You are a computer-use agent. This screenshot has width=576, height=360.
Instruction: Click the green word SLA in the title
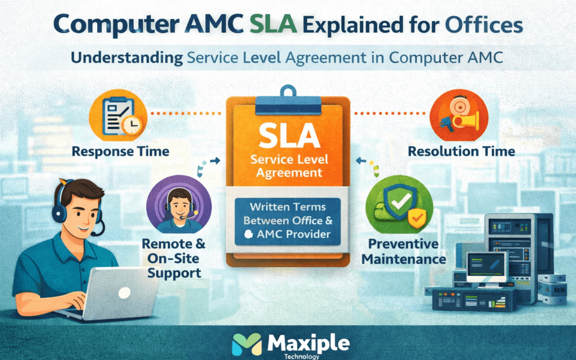[273, 25]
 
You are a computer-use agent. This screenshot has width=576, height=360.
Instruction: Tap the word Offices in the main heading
[484, 25]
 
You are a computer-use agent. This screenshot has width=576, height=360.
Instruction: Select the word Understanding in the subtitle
[127, 58]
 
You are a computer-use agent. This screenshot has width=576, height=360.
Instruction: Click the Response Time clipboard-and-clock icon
[118, 115]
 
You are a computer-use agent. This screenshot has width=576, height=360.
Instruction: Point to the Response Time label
[121, 151]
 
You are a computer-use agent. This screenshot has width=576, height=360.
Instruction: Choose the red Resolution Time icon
[459, 115]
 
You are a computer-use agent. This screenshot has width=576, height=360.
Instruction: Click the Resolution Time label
[461, 151]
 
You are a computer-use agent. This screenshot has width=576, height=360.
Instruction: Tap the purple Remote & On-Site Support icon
[179, 204]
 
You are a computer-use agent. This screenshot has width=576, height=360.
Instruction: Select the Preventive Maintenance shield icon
[399, 204]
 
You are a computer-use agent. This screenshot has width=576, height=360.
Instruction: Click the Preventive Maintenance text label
[404, 251]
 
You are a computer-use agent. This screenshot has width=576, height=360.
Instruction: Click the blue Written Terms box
[287, 221]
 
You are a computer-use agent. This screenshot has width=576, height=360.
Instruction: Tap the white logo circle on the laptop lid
[124, 292]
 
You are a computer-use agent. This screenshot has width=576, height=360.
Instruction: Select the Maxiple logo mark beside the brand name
[247, 345]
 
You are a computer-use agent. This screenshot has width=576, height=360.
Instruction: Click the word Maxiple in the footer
[309, 343]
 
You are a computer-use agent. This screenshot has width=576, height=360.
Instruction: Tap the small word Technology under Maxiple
[301, 356]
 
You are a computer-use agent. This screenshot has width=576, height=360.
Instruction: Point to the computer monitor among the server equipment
[487, 266]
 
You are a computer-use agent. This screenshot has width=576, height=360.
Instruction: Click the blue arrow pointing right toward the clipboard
[214, 161]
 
